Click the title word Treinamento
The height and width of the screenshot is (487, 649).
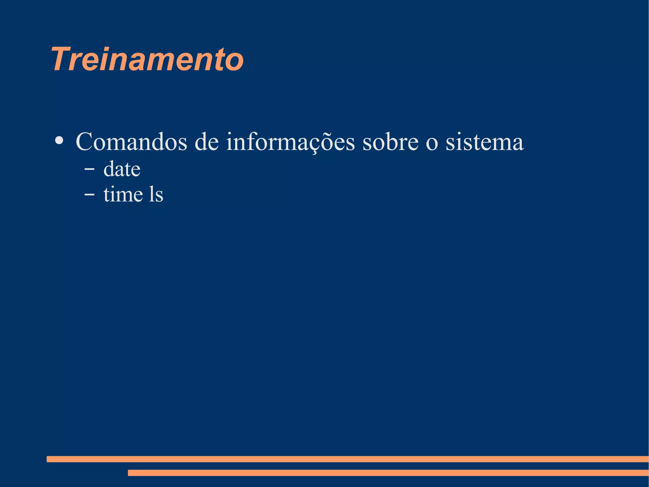click(x=147, y=59)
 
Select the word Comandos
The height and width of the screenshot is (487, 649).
click(x=131, y=142)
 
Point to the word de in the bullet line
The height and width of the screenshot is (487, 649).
click(x=206, y=142)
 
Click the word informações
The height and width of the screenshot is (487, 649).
click(x=290, y=142)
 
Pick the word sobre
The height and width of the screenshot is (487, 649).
click(x=390, y=142)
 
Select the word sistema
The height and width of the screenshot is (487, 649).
click(x=484, y=142)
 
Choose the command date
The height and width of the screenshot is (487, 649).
click(x=122, y=169)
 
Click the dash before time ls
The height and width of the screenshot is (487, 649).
click(x=89, y=194)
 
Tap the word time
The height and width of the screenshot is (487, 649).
click(x=123, y=194)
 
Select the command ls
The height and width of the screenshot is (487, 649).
click(x=156, y=194)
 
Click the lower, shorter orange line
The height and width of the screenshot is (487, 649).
click(x=388, y=473)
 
